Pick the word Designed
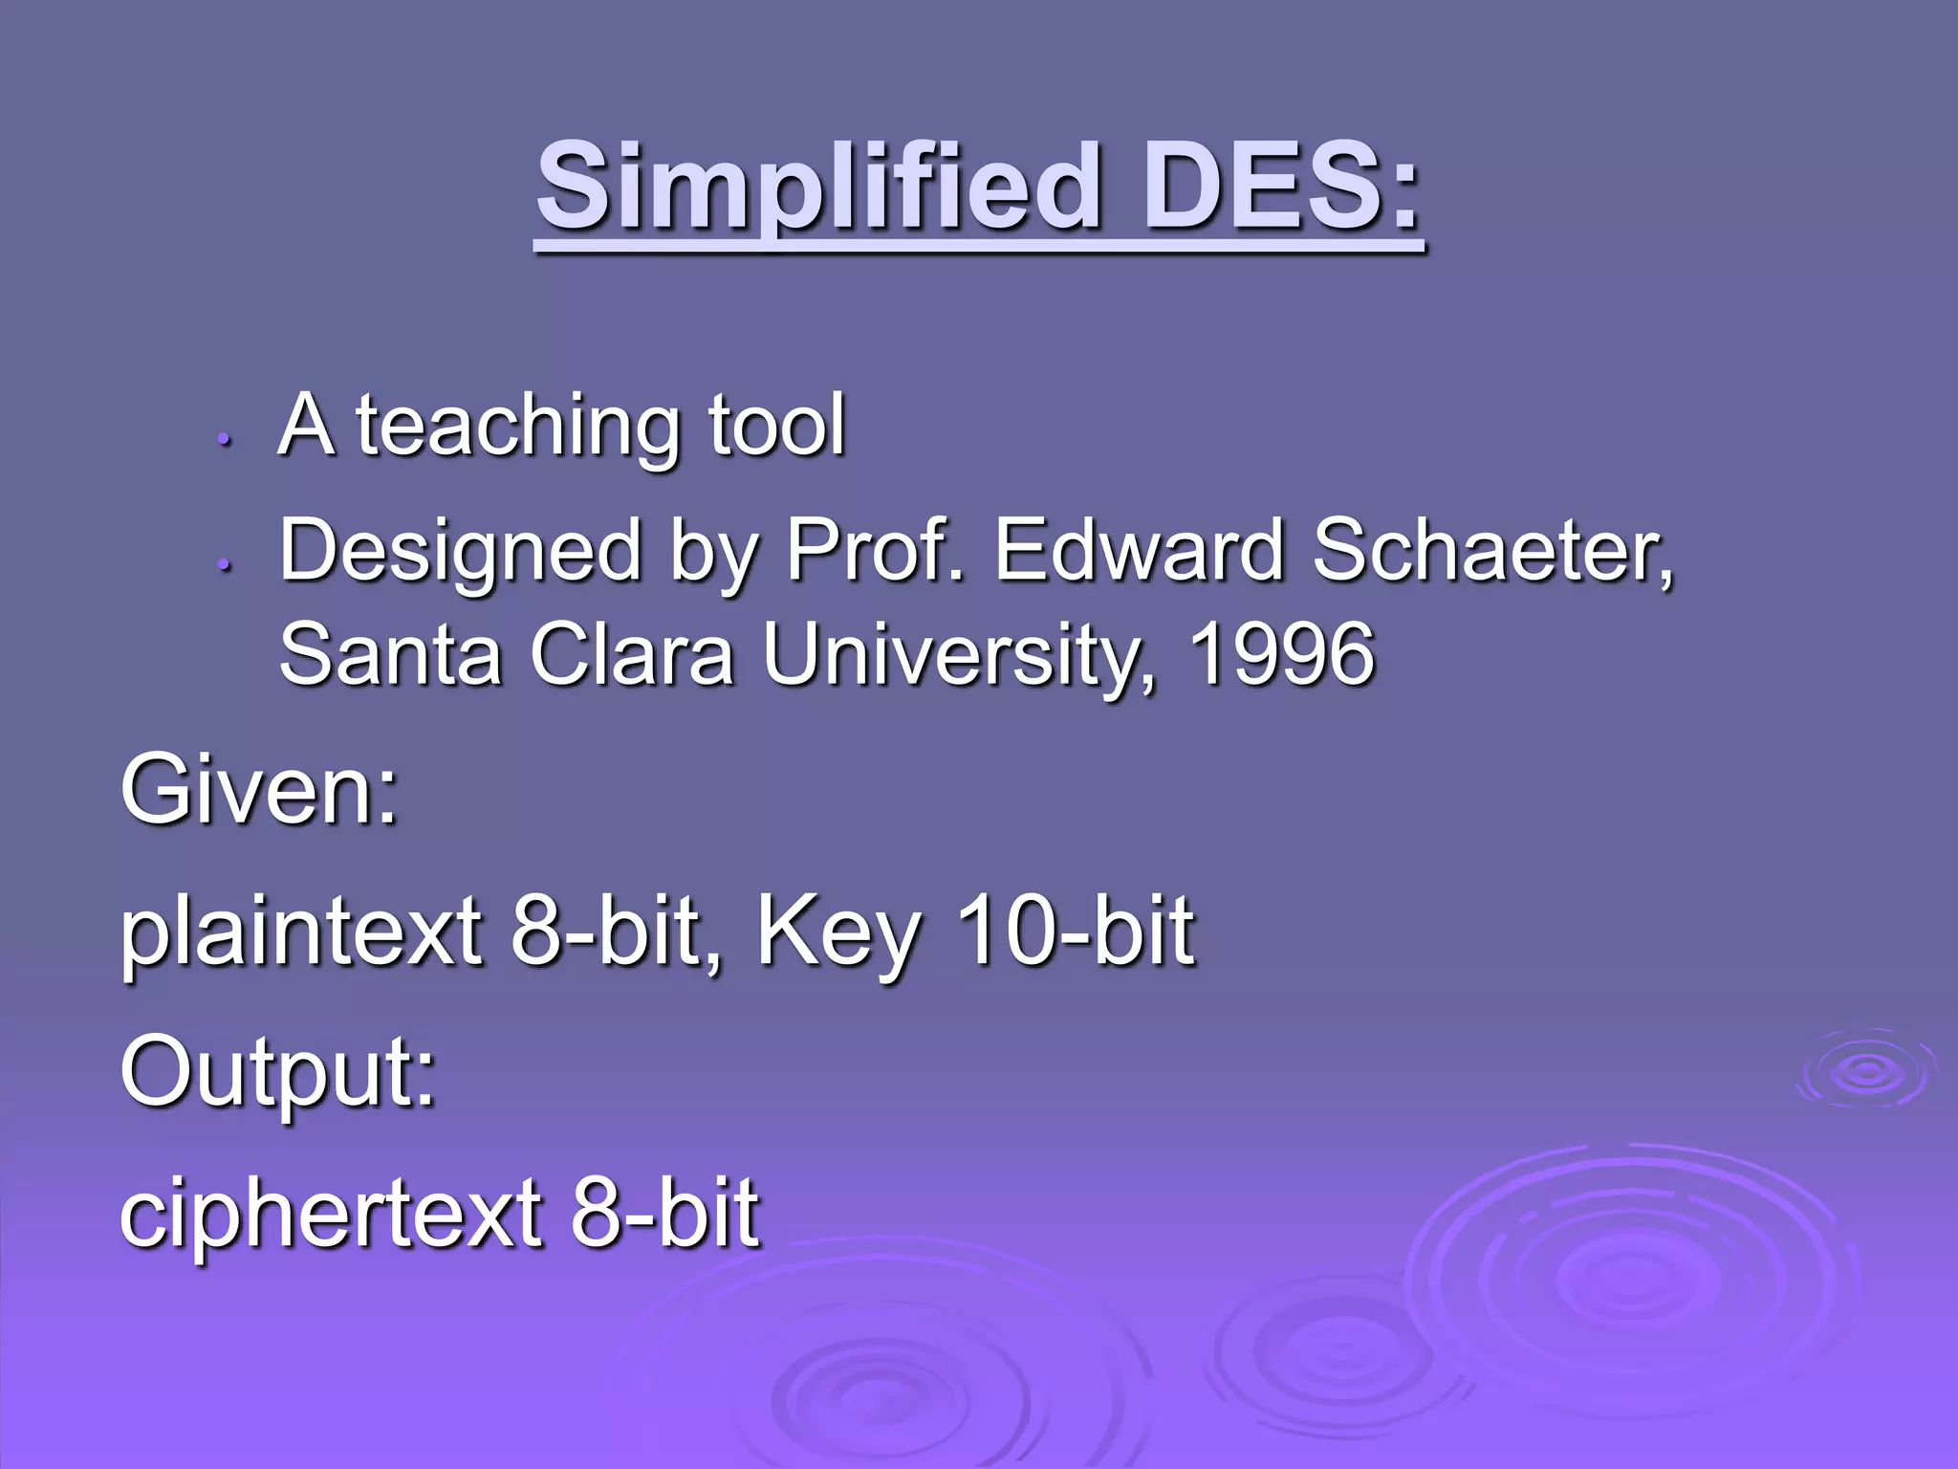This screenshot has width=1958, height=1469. (x=460, y=553)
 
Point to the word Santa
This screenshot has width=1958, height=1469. (x=390, y=654)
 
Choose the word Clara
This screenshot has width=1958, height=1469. (x=632, y=654)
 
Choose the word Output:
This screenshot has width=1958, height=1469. (x=277, y=1073)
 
